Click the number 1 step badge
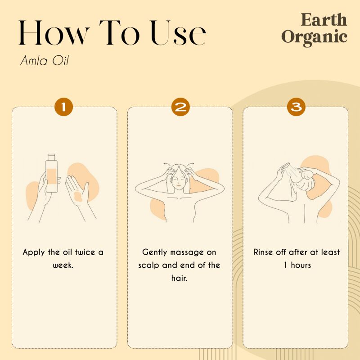point(63,107)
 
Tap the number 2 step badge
point(180,107)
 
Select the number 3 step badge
point(296,107)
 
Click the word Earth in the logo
point(324,20)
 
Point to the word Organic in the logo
point(314,37)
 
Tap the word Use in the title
point(178,33)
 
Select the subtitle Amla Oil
point(45,61)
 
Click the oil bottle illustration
point(51,173)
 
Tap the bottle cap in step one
point(51,157)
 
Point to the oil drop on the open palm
point(78,196)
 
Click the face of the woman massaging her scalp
point(178,180)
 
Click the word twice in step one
point(85,252)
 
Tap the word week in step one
point(63,265)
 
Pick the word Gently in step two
point(154,252)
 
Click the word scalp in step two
point(148,265)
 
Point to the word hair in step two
point(179,278)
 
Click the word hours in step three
point(301,265)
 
